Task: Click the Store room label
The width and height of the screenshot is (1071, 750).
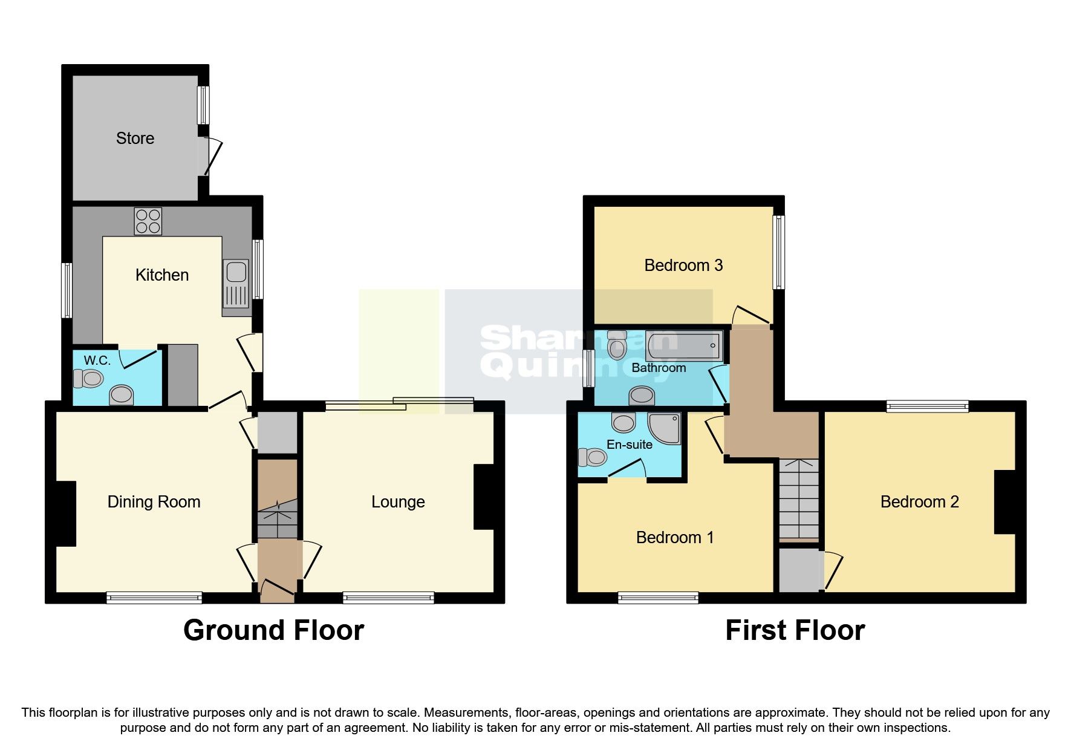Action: coord(135,139)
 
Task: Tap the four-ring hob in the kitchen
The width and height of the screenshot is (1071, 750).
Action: coord(148,221)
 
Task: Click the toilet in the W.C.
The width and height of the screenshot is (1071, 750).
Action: coord(88,379)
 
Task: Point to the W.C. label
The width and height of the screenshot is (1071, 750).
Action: coord(97,360)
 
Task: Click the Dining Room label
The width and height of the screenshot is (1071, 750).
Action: coord(154,502)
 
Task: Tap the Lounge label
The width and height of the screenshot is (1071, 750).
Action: coord(398,502)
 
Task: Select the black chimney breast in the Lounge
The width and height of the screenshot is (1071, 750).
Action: coord(484,497)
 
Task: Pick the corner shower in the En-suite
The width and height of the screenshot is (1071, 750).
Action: coord(665,428)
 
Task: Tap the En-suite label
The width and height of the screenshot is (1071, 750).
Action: coord(629,445)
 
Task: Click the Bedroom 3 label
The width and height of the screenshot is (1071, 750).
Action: coord(683,266)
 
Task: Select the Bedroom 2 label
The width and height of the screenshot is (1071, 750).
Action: coord(919,502)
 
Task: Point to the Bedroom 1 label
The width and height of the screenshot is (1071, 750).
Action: coord(675,538)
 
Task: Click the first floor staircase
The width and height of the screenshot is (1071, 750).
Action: coord(798,499)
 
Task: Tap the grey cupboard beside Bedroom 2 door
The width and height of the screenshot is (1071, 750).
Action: coord(799,570)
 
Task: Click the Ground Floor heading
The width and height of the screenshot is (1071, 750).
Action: coord(273,630)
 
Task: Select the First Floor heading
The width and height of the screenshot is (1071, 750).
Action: coord(795,630)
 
